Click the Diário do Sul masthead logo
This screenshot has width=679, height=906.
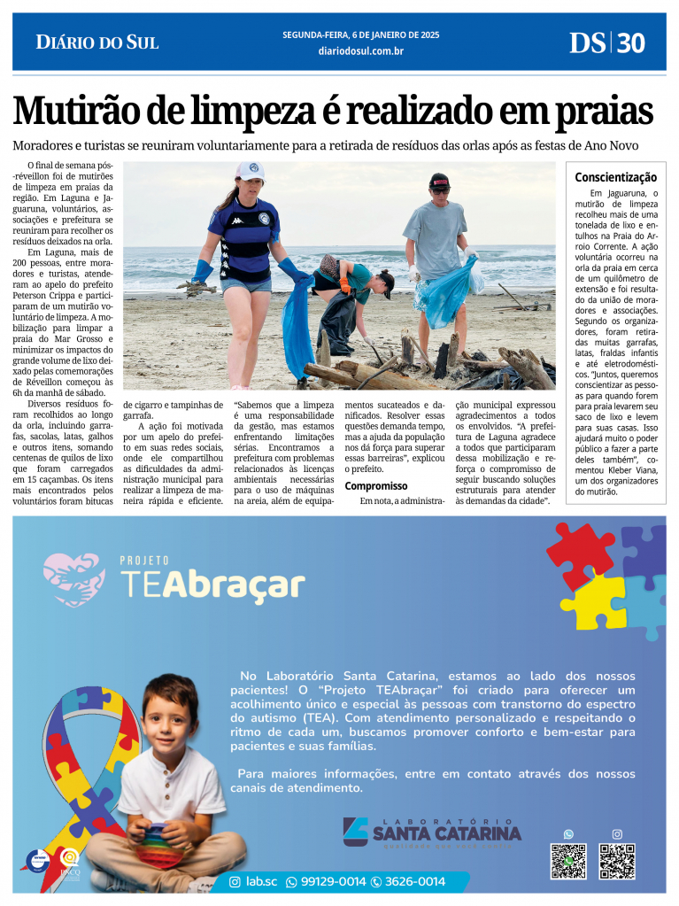97,42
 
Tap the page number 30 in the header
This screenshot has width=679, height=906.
630,43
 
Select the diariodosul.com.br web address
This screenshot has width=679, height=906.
360,51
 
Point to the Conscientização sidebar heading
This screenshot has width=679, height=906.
615,177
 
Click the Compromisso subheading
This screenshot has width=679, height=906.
376,485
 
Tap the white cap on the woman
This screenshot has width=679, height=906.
250,170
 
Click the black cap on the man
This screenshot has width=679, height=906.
440,181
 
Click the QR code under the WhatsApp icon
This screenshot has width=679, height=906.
568,861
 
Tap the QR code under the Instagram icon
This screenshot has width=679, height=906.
617,861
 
